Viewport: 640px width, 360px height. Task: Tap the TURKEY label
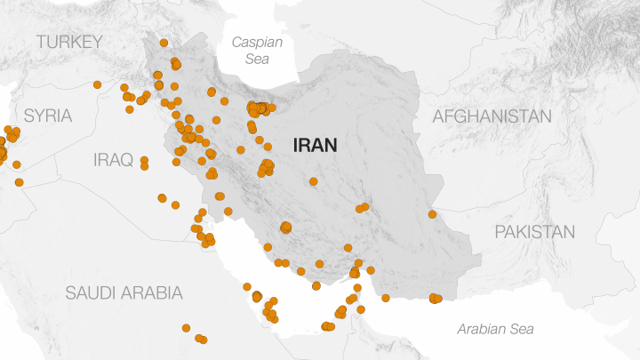tap(69, 42)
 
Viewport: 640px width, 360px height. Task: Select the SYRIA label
tap(48, 116)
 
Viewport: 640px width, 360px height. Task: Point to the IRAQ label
tap(113, 160)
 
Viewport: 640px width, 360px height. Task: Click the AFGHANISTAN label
tap(492, 116)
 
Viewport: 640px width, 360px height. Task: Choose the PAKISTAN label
tap(534, 232)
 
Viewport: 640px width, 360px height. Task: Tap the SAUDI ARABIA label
tap(124, 292)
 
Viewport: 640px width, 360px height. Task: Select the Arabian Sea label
tap(496, 329)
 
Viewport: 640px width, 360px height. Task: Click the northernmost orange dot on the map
tap(164, 43)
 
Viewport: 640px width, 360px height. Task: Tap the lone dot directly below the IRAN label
tap(314, 181)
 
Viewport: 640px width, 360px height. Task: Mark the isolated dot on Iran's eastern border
tap(432, 214)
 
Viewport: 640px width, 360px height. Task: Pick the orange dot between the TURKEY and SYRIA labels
tap(97, 84)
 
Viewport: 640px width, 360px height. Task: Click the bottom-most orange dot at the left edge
tap(19, 182)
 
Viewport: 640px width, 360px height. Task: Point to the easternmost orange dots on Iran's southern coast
tap(435, 299)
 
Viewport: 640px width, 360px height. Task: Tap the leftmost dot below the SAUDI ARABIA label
tap(186, 328)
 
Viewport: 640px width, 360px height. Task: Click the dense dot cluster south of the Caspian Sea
tap(259, 108)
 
